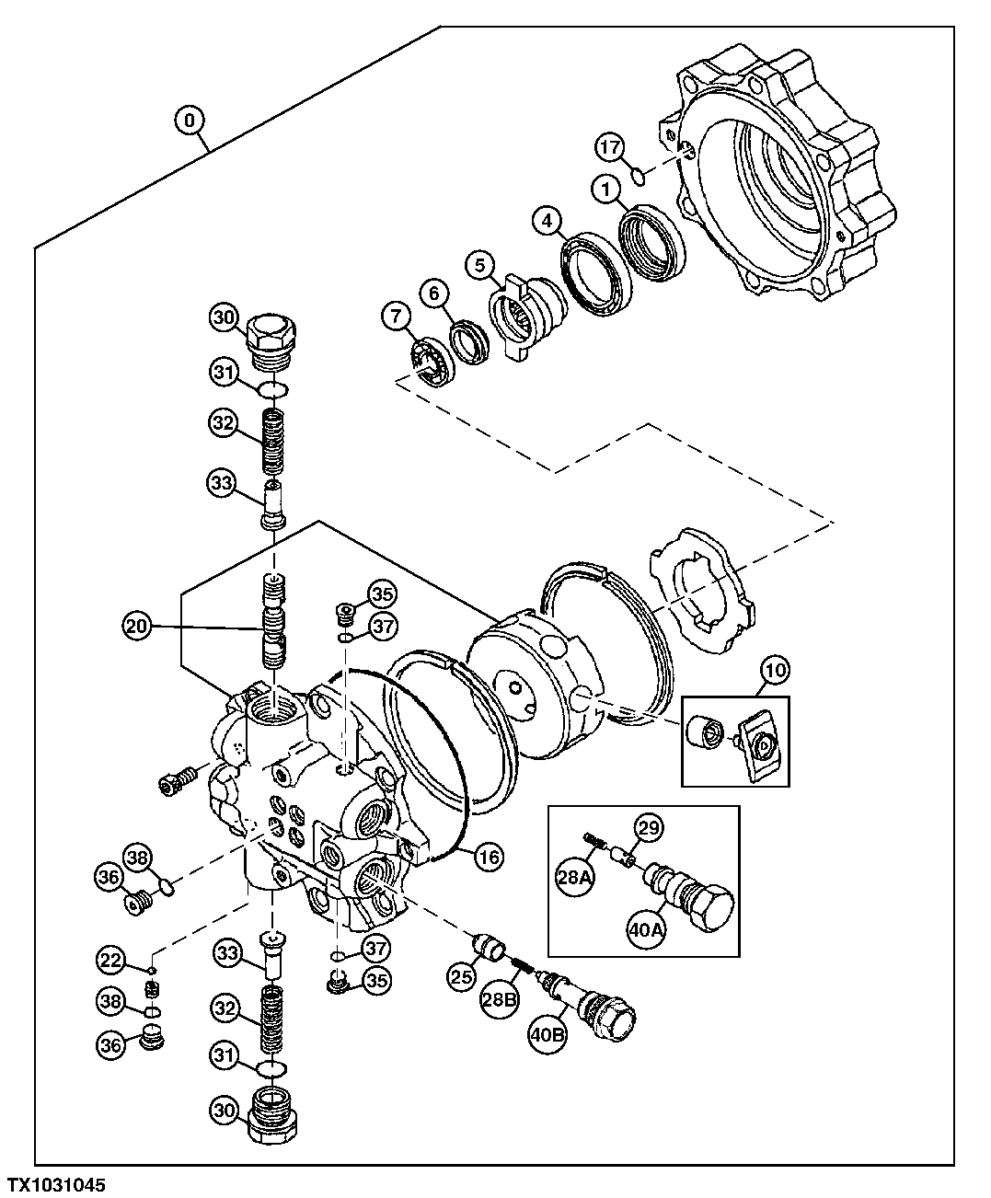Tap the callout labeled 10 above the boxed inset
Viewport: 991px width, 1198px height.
pyautogui.click(x=775, y=670)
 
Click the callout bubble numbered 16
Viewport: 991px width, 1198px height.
pyautogui.click(x=489, y=857)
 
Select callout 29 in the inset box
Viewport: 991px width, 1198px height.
pyautogui.click(x=649, y=828)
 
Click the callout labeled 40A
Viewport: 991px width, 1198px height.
pyautogui.click(x=644, y=929)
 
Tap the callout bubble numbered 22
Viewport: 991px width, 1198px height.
pyautogui.click(x=111, y=961)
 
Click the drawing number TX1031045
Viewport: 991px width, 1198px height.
pyautogui.click(x=57, y=1184)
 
